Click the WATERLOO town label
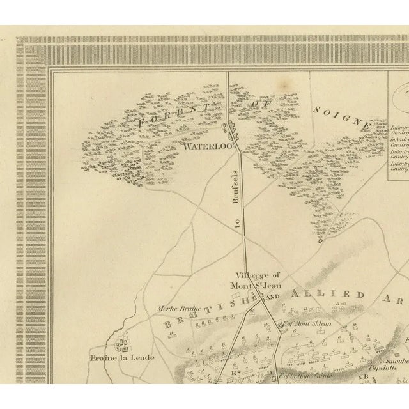205,146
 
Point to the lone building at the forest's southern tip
320,241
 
